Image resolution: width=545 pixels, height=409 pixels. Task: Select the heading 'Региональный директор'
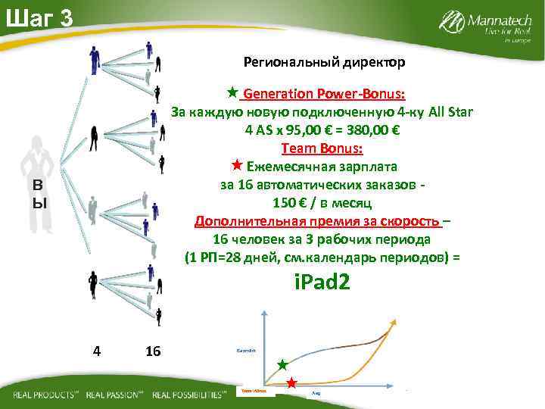click(324, 61)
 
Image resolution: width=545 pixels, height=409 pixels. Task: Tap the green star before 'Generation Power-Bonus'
click(233, 92)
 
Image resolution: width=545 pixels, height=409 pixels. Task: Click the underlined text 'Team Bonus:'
click(322, 148)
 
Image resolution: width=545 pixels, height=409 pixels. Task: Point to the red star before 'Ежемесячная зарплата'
click(236, 165)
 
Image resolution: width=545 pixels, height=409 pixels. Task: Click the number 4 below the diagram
click(95, 351)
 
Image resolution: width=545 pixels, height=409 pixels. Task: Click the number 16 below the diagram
click(153, 351)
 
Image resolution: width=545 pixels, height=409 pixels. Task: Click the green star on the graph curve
click(282, 364)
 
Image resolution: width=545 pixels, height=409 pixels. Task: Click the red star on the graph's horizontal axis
click(291, 382)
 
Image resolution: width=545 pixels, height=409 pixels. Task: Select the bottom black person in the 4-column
click(93, 286)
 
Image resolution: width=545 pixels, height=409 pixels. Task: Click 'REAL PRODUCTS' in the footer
click(45, 395)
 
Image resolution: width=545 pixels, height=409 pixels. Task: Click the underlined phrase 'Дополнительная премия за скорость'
click(317, 221)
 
